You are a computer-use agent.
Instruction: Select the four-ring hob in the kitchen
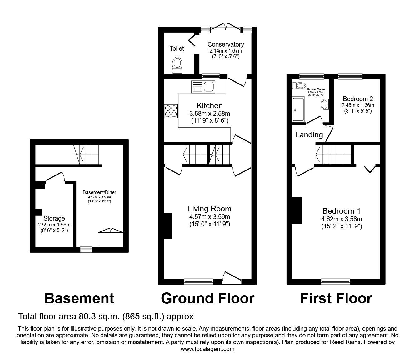pos(170,111)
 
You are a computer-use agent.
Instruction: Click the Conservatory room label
pos(225,45)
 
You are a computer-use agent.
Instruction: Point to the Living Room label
pos(209,209)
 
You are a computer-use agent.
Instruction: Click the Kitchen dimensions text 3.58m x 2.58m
pos(209,114)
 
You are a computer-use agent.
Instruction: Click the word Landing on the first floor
pos(309,135)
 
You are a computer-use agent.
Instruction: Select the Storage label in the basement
pos(54,218)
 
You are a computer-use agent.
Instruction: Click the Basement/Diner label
pos(99,192)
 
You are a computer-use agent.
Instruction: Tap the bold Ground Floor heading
pos(207,298)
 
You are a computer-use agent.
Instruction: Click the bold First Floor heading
pos(336,298)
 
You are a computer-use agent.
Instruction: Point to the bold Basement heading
pos(79,298)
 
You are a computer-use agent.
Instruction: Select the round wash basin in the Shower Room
pos(325,105)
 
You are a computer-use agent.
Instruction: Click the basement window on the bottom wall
pos(86,249)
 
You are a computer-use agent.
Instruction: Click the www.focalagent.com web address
pos(207,349)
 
